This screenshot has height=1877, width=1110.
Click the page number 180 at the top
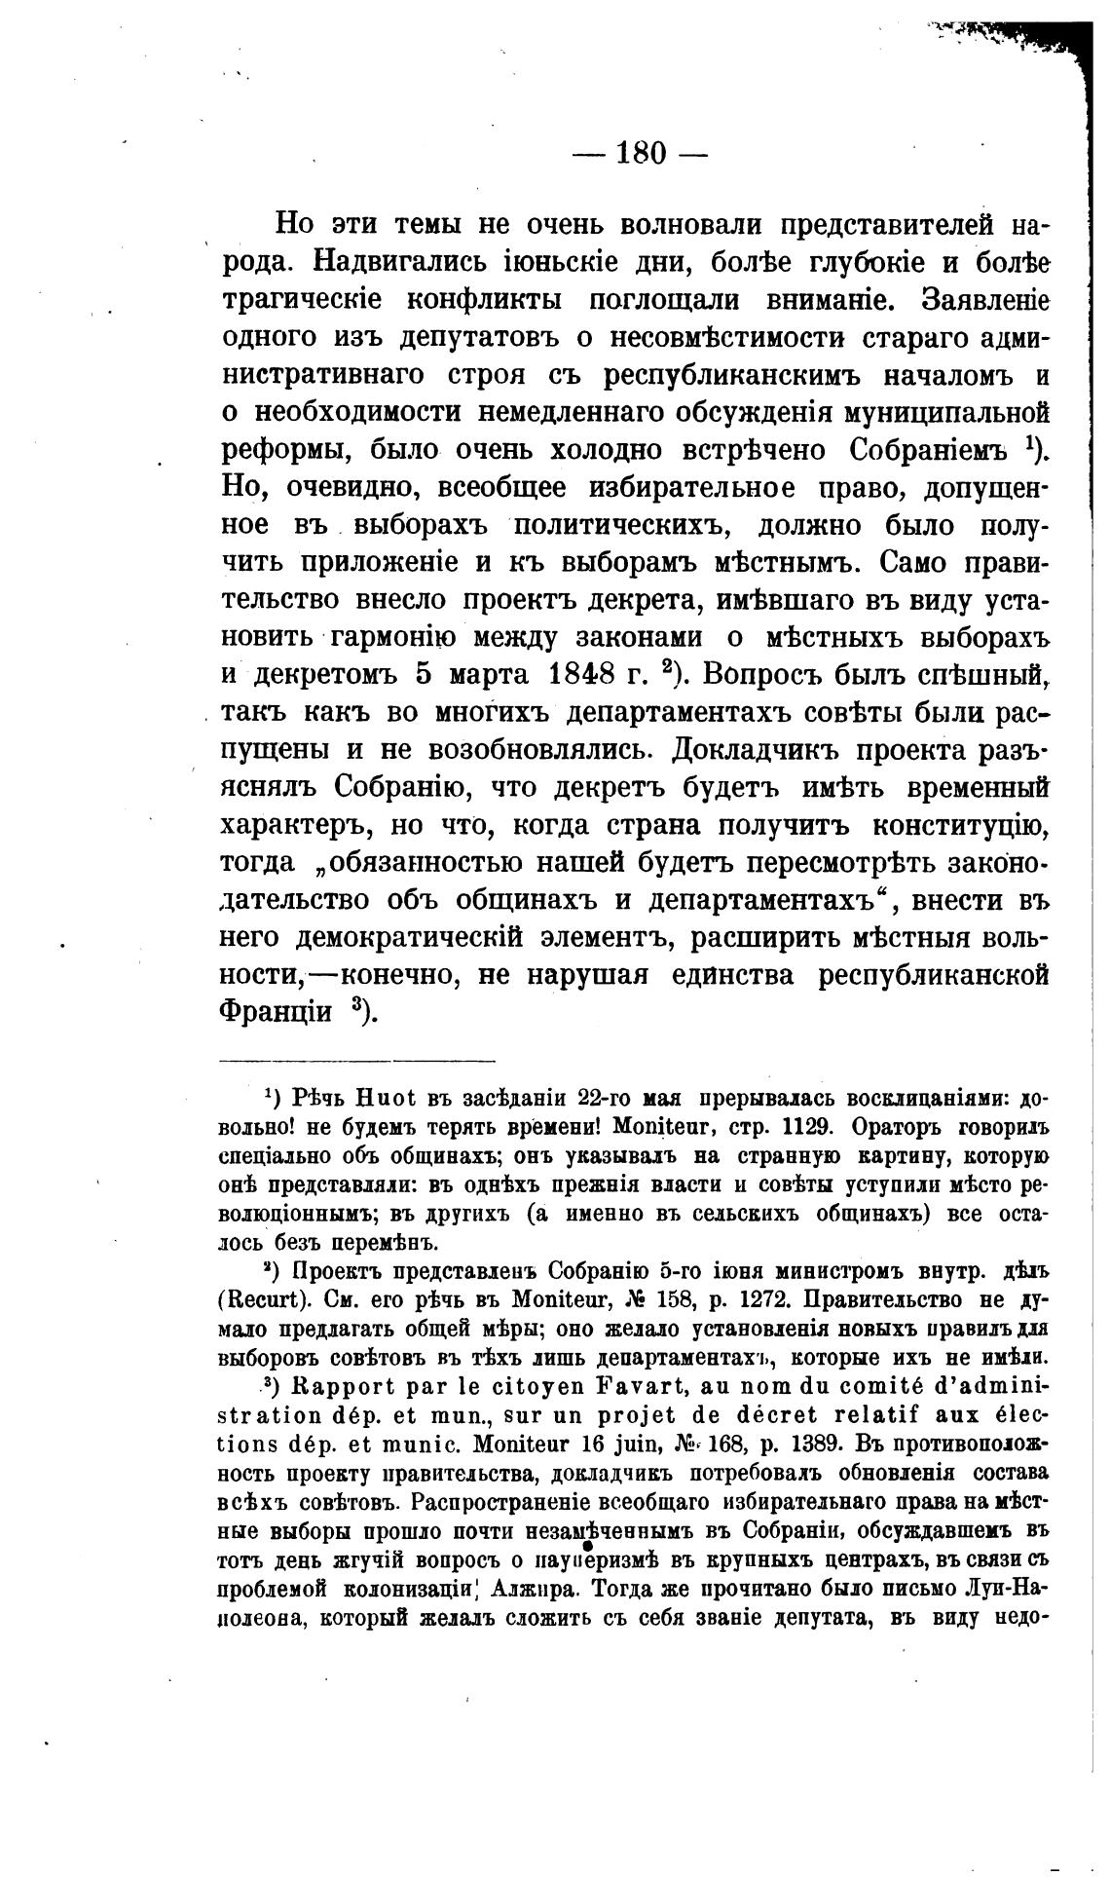[640, 154]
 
